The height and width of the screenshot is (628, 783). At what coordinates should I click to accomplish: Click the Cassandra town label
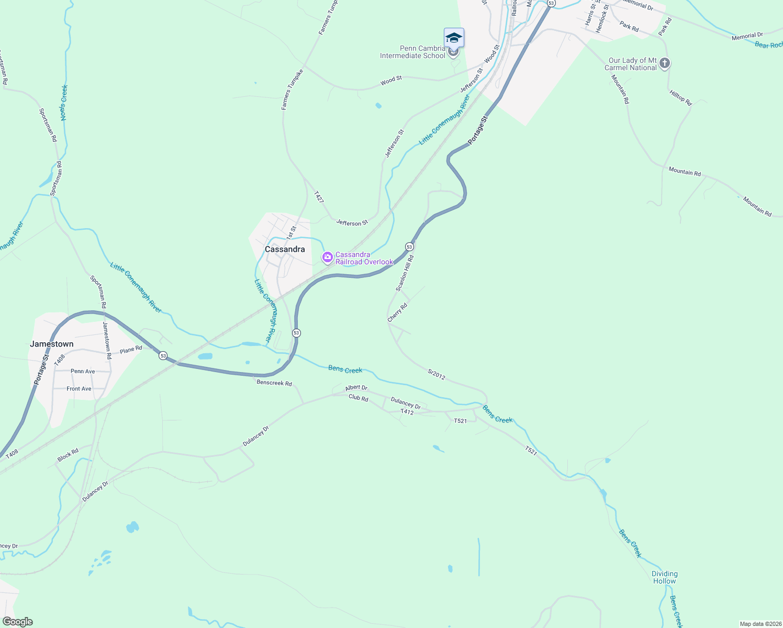(x=285, y=249)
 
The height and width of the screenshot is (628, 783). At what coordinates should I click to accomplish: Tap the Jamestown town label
(x=52, y=344)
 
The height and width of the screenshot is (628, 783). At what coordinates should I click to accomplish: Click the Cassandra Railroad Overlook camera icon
(x=328, y=257)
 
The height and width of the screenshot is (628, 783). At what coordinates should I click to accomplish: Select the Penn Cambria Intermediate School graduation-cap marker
(x=454, y=38)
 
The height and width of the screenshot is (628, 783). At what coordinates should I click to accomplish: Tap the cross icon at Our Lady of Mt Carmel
(x=665, y=63)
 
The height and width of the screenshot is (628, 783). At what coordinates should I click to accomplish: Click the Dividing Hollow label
(x=664, y=577)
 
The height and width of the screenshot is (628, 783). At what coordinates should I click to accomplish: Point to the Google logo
(x=17, y=622)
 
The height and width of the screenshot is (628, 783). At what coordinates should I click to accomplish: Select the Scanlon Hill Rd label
(x=405, y=273)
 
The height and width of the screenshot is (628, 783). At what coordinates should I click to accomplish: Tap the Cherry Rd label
(x=397, y=312)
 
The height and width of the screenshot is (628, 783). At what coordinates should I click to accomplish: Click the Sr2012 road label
(x=437, y=375)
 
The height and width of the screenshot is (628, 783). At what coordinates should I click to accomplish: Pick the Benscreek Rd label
(x=274, y=383)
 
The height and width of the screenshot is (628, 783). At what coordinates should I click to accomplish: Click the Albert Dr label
(x=356, y=388)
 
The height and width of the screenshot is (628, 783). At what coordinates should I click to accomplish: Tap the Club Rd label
(x=359, y=398)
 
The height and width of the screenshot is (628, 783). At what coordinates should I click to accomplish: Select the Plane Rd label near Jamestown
(x=131, y=349)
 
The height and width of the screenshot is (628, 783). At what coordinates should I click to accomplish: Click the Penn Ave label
(x=83, y=371)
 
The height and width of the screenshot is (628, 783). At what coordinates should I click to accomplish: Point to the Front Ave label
(x=79, y=389)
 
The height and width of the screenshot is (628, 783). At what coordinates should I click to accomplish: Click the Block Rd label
(x=68, y=454)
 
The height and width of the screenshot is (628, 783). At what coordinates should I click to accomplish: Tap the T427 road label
(x=319, y=197)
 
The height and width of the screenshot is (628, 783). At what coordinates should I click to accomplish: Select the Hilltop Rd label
(x=680, y=98)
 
